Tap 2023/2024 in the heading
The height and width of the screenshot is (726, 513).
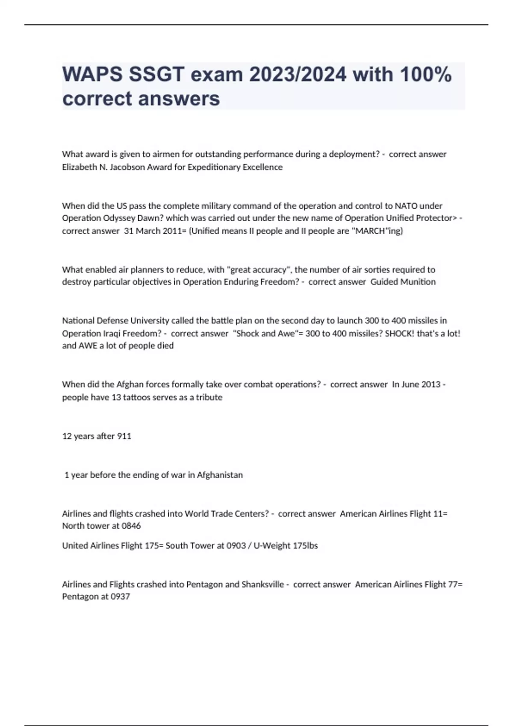[x=298, y=75]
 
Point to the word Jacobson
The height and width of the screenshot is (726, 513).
[x=127, y=167]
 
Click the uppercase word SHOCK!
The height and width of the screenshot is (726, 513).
[x=400, y=333]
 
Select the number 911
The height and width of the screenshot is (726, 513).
[x=124, y=436]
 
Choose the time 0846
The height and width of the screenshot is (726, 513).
[x=131, y=526]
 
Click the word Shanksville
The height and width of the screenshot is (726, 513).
[x=262, y=584]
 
